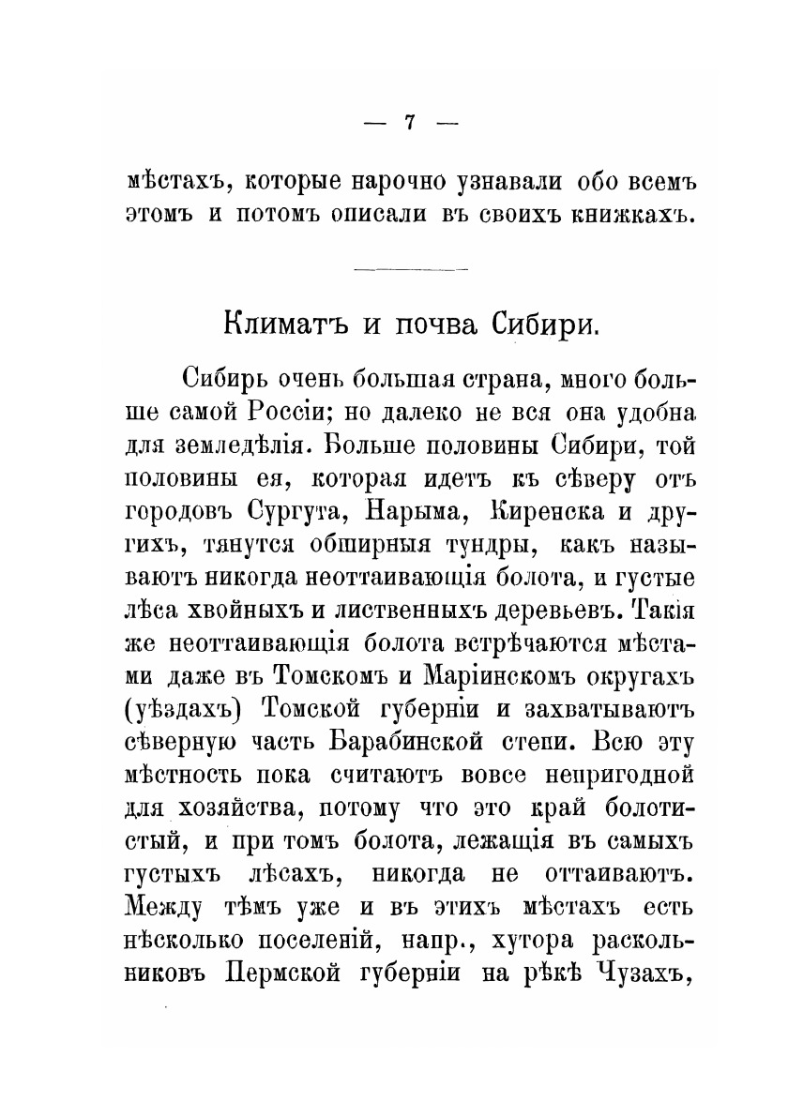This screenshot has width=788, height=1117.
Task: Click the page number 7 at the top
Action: pyautogui.click(x=408, y=123)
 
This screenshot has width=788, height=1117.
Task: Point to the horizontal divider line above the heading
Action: pyautogui.click(x=412, y=271)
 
